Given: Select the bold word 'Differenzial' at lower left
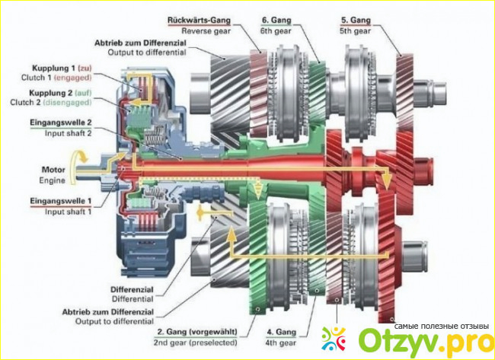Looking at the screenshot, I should click(x=114, y=289).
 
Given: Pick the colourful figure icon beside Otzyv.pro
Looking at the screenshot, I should click(x=336, y=339).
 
